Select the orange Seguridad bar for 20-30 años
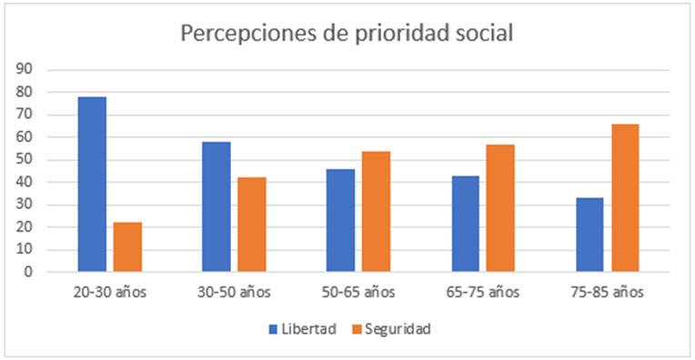[x=127, y=246]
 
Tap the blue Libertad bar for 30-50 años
[x=217, y=206]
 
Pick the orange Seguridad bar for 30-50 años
[x=252, y=225]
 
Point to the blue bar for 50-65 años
[x=341, y=220]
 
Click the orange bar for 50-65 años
[x=377, y=211]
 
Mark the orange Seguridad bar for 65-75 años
[x=500, y=207]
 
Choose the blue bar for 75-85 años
[x=589, y=235]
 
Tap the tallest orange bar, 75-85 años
[x=625, y=197]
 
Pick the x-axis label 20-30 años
[x=109, y=293]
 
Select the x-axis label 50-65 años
[x=358, y=293]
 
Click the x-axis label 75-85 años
[x=607, y=293]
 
